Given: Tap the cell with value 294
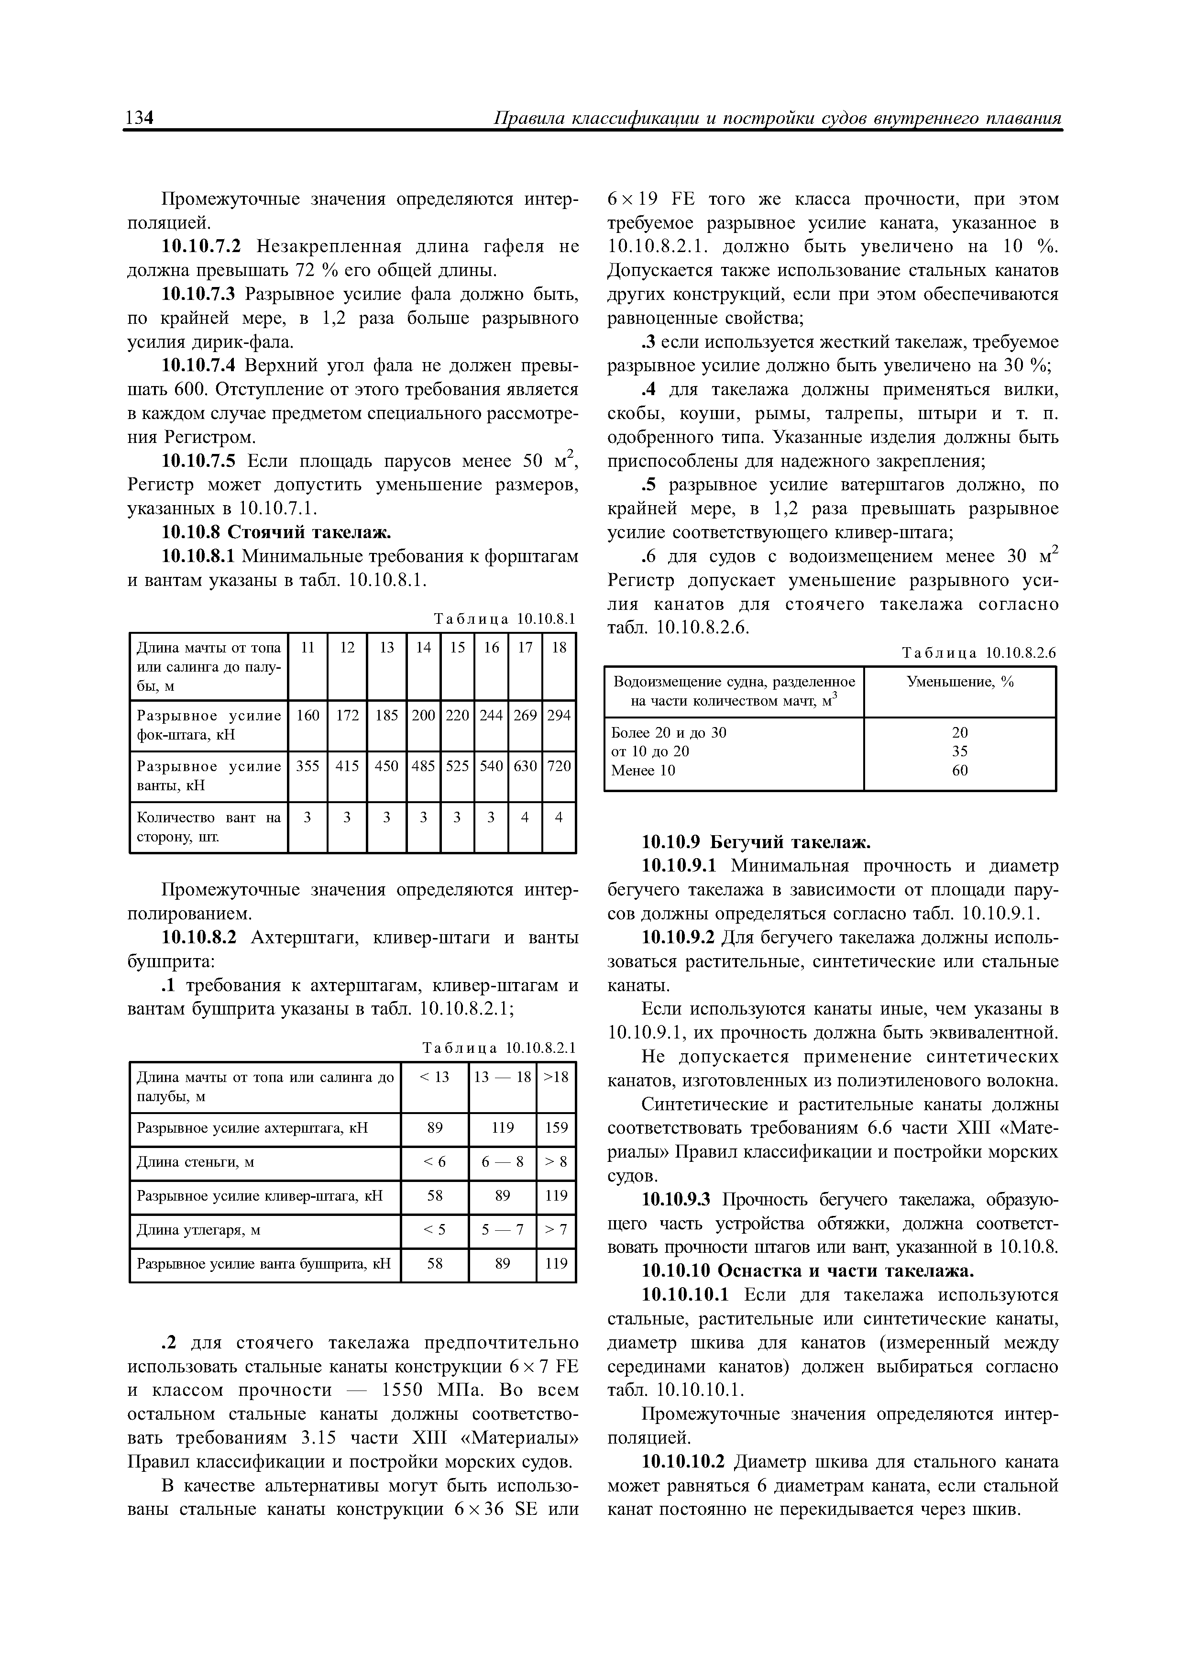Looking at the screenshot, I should point(559,716).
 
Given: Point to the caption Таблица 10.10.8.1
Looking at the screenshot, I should point(504,619).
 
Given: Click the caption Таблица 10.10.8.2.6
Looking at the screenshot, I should point(979,652).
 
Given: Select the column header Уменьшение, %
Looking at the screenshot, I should point(959,683).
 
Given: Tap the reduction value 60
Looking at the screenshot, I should point(959,770).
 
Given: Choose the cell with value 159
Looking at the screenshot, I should point(556,1128).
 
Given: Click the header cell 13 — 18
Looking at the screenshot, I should point(502,1077).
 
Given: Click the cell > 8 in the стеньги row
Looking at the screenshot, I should point(556,1162).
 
